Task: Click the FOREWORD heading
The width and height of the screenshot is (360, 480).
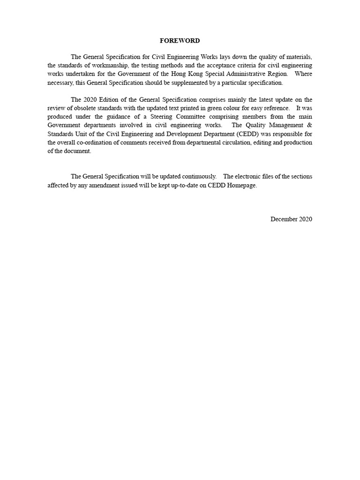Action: click(x=180, y=41)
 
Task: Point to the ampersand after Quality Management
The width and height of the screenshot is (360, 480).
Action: click(x=309, y=126)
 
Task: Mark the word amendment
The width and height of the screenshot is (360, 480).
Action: click(x=100, y=185)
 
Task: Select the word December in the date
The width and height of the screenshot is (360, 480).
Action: click(x=284, y=219)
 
